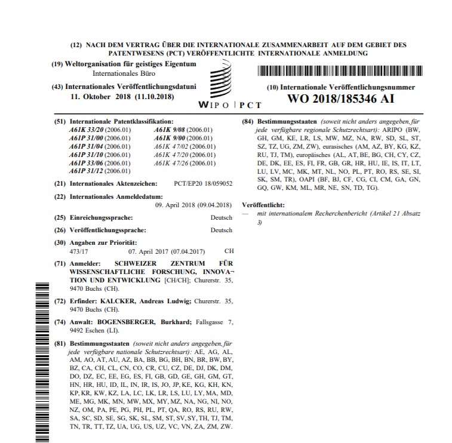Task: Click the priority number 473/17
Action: click(79, 251)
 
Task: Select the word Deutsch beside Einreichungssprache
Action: click(221, 218)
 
